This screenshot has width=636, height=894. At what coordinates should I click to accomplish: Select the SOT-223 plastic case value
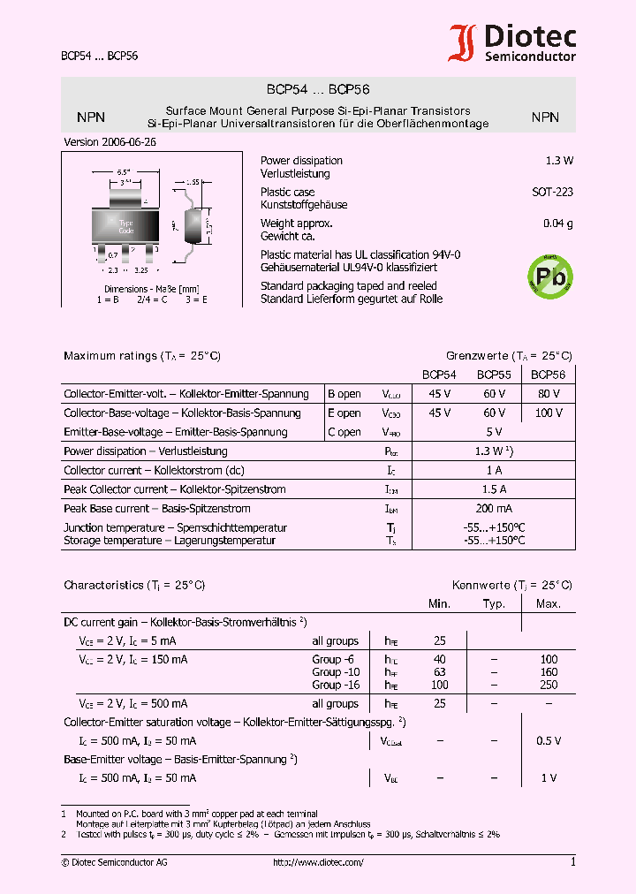[x=552, y=192]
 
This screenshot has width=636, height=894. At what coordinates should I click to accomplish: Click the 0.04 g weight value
[x=557, y=223]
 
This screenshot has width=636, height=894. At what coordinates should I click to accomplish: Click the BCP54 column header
[x=439, y=375]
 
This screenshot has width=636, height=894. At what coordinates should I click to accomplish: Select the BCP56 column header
[x=548, y=375]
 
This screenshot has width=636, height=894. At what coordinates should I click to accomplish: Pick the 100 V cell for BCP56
[x=548, y=413]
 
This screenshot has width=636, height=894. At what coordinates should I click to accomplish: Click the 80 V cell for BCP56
[x=548, y=393]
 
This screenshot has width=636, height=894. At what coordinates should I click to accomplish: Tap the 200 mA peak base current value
[x=494, y=509]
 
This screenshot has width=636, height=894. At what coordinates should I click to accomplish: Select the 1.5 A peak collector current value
[x=494, y=489]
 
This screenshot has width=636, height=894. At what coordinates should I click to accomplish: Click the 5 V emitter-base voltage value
[x=494, y=432]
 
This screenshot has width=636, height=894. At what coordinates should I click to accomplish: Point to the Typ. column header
[x=494, y=603]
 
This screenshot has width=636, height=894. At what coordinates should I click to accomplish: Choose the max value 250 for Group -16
[x=549, y=685]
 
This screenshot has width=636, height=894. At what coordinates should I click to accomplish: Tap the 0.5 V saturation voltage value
[x=549, y=741]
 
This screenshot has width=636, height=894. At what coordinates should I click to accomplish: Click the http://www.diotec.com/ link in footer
[x=318, y=862]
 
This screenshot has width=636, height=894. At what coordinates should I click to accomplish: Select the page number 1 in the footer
[x=572, y=861]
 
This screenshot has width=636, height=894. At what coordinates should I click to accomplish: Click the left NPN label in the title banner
[x=91, y=117]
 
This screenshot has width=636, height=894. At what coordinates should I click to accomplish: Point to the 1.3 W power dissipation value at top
[x=559, y=161]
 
